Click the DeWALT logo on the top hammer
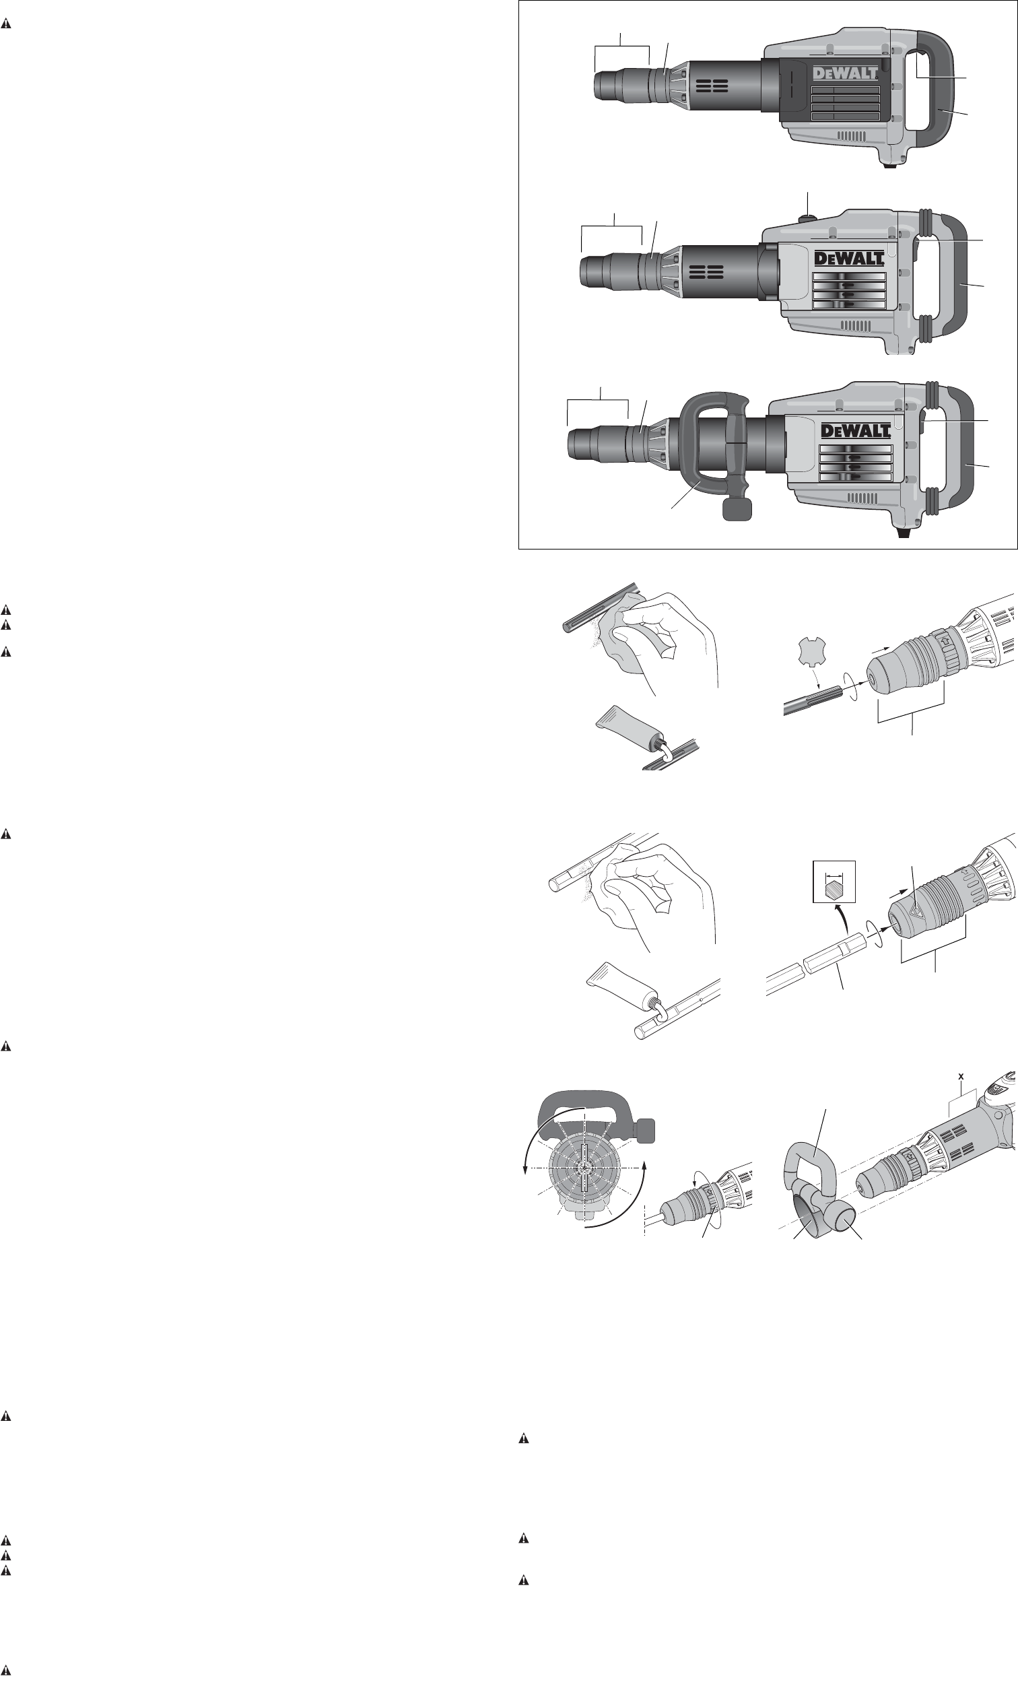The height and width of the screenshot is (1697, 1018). pos(846,73)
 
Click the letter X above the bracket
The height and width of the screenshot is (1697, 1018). pos(961,1077)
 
